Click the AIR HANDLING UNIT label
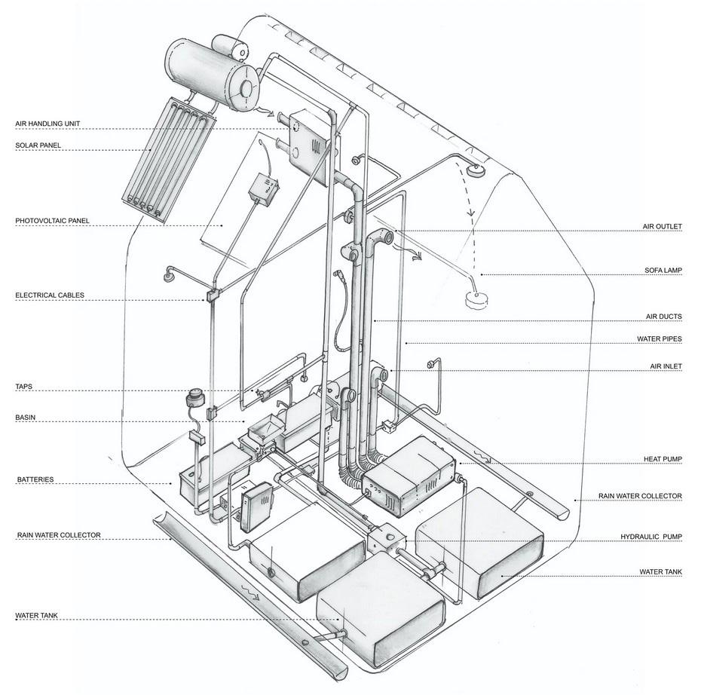tap(47, 124)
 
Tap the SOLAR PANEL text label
tap(38, 145)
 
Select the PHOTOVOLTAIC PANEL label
tap(52, 221)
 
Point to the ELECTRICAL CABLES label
tap(50, 295)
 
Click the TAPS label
tap(23, 387)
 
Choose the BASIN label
tap(26, 418)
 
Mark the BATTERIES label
tap(35, 479)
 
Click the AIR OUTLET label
tap(662, 227)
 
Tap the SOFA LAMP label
tap(663, 271)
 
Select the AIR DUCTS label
tap(664, 317)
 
